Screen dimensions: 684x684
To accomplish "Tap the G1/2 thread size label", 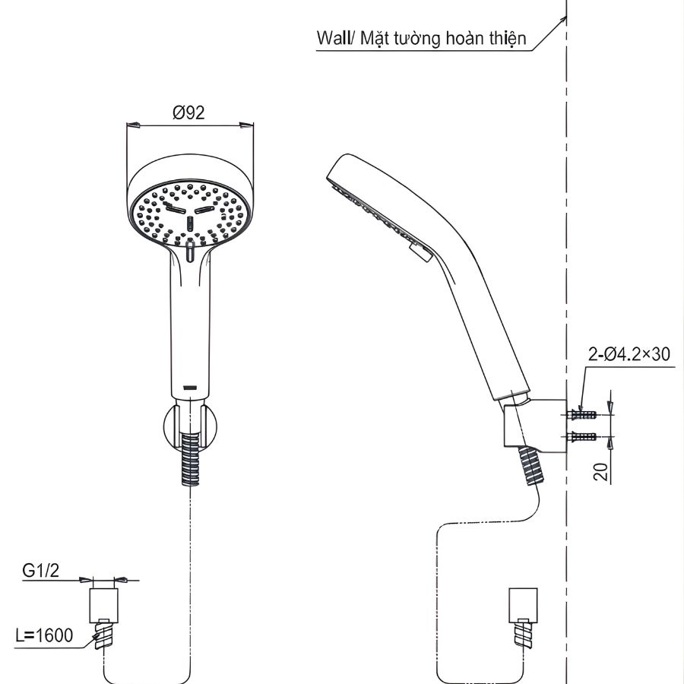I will (40, 570).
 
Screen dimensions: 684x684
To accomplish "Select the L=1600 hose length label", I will (45, 635).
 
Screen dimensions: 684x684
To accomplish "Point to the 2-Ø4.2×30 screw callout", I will (629, 354).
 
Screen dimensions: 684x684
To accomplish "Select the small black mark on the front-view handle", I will (191, 387).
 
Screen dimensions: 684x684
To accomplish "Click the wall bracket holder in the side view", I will (540, 426).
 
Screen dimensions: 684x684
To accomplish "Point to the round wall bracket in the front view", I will (191, 423).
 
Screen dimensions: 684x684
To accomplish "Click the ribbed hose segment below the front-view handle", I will (191, 460).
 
